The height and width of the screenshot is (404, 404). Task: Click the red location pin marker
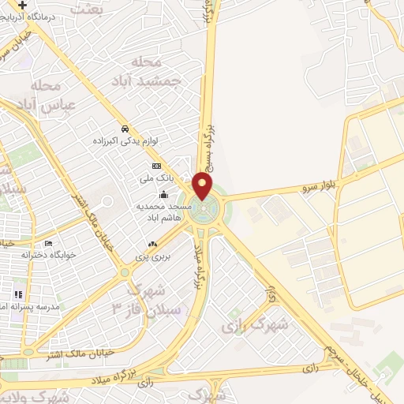coord(203,187)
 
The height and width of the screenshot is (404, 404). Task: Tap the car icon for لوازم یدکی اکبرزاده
coord(125,129)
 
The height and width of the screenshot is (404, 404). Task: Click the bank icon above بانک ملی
coord(157,166)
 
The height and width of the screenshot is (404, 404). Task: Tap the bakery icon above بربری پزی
coord(152,245)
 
